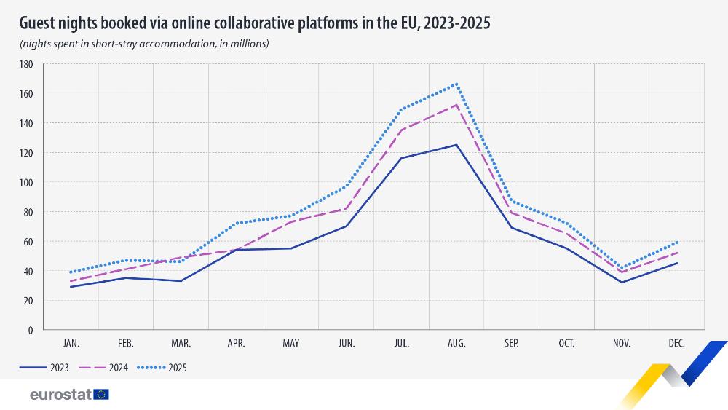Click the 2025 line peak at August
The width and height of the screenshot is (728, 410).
click(456, 84)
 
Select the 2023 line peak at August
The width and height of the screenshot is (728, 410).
click(456, 145)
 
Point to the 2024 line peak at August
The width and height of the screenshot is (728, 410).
click(456, 105)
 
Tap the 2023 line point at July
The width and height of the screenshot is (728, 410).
click(401, 158)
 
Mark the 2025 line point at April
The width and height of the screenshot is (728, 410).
click(236, 223)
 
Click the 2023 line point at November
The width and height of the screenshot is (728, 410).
click(622, 283)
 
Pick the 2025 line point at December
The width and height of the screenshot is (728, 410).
click(677, 242)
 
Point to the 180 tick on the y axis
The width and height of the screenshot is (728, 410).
click(27, 64)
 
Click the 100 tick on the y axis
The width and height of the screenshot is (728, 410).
click(27, 182)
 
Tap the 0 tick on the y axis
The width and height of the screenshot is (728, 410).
click(31, 330)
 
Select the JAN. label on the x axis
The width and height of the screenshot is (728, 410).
click(71, 343)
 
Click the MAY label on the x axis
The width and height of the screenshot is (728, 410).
click(291, 343)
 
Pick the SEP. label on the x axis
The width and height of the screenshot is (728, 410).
click(512, 343)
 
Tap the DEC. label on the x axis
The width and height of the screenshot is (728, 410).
click(677, 343)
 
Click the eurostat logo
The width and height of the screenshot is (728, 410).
click(69, 395)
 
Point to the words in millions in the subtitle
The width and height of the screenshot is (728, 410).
click(244, 44)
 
